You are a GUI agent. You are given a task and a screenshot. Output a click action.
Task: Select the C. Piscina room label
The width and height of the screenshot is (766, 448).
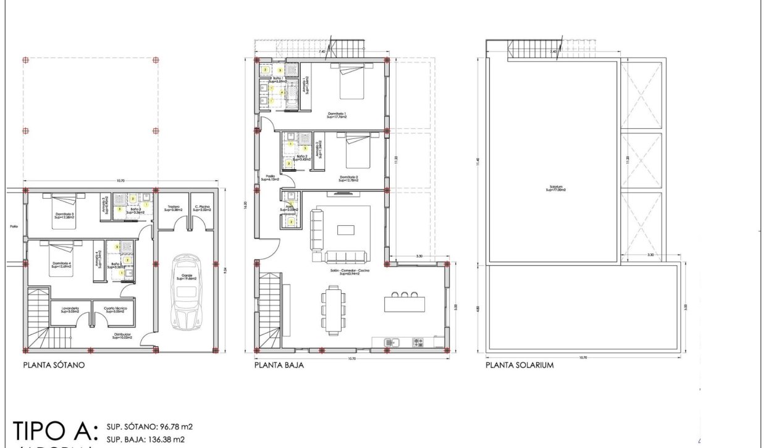pos(202,209)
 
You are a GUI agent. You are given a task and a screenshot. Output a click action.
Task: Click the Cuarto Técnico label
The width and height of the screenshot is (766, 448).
pos(114,310)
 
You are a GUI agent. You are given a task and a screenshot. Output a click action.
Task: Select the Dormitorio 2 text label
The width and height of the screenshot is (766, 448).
pos(349,178)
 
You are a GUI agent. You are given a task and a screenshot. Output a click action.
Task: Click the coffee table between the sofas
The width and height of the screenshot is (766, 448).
pos(345,230)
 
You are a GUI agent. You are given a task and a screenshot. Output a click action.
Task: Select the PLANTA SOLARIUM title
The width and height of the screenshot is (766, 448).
pos(520,365)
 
